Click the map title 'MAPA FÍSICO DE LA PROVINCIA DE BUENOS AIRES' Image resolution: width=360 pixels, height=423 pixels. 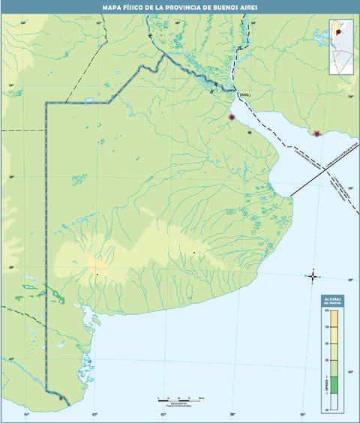(179, 7)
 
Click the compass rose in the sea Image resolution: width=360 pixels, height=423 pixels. (313, 276)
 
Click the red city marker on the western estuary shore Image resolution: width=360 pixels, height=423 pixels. (232, 118)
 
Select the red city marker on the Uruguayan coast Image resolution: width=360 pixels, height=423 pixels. (317, 133)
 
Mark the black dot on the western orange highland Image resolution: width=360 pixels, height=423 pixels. (97, 274)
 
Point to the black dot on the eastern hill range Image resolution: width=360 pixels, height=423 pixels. (193, 253)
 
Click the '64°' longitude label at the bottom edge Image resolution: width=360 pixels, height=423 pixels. (26, 415)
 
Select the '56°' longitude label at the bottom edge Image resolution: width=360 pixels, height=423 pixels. (304, 415)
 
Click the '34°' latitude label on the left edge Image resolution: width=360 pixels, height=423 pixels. (11, 85)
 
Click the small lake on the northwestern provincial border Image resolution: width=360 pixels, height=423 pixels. (88, 100)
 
